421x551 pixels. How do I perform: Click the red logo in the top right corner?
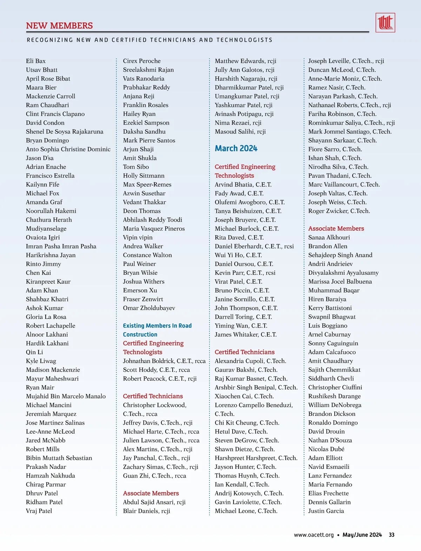pos(385,23)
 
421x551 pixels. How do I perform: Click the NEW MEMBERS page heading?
pos(59,26)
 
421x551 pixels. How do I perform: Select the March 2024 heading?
pos(236,149)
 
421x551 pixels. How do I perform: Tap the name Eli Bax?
pos(36,61)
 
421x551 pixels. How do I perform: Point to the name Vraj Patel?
pos(39,511)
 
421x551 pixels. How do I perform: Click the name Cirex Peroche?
pos(142,61)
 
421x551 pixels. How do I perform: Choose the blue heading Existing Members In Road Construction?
pos(157,330)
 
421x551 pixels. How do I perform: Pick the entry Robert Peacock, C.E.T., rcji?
pos(160,379)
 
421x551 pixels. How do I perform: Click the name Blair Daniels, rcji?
pos(146,511)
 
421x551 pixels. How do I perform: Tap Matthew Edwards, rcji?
pos(246,61)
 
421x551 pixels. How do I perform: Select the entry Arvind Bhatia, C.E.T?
pos(243,184)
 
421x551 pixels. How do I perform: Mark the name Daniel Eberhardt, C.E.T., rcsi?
pos(254,246)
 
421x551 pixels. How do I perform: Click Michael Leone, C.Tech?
pos(246,511)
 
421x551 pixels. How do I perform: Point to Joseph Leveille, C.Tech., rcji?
pos(346,61)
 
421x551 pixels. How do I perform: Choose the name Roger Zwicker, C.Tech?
pos(339,211)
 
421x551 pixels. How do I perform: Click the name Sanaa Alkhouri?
pos(329,237)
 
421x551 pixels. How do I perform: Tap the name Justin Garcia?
pos(326,511)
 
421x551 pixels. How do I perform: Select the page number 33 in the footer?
pos(392,535)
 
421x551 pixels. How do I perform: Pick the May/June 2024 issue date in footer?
pos(362,535)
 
